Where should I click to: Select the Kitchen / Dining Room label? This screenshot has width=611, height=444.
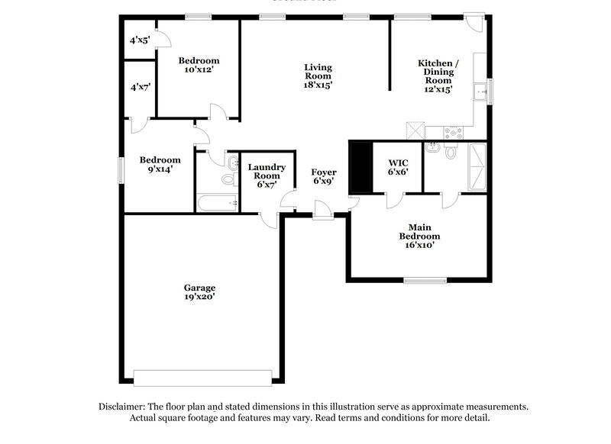click(438, 76)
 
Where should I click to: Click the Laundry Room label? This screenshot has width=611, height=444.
click(267, 175)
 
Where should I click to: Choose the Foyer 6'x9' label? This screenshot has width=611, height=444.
click(324, 177)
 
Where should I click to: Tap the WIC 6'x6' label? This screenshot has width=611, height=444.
click(398, 167)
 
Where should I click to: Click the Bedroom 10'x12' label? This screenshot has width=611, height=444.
click(199, 65)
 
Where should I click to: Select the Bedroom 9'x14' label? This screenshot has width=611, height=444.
click(160, 164)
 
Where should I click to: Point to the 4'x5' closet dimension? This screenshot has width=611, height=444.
click(140, 40)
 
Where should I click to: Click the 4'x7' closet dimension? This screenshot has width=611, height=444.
click(140, 88)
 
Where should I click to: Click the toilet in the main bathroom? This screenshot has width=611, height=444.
click(451, 152)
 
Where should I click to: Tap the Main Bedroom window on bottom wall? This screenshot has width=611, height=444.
click(425, 280)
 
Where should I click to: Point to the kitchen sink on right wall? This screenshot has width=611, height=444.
click(480, 92)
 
